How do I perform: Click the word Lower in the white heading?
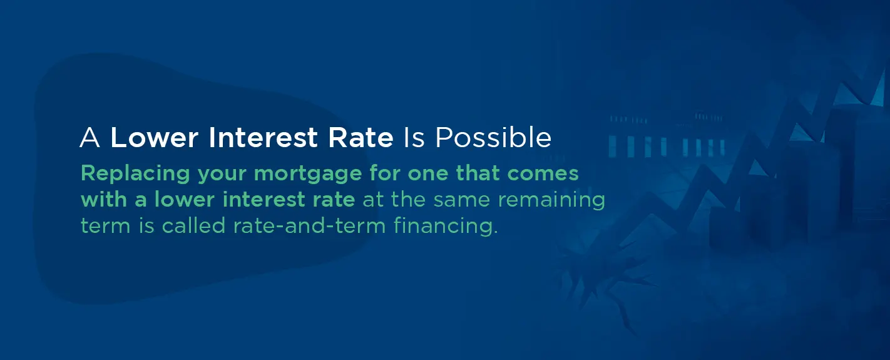(x=154, y=138)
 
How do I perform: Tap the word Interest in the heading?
(x=263, y=138)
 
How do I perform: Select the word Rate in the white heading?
(x=361, y=138)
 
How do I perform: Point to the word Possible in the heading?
(x=493, y=138)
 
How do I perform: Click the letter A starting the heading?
(x=90, y=138)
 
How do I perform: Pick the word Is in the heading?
(x=414, y=138)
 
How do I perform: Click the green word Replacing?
(x=135, y=174)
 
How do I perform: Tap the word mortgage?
(x=308, y=174)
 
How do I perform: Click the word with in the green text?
(x=104, y=199)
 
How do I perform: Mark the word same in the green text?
(x=462, y=200)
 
